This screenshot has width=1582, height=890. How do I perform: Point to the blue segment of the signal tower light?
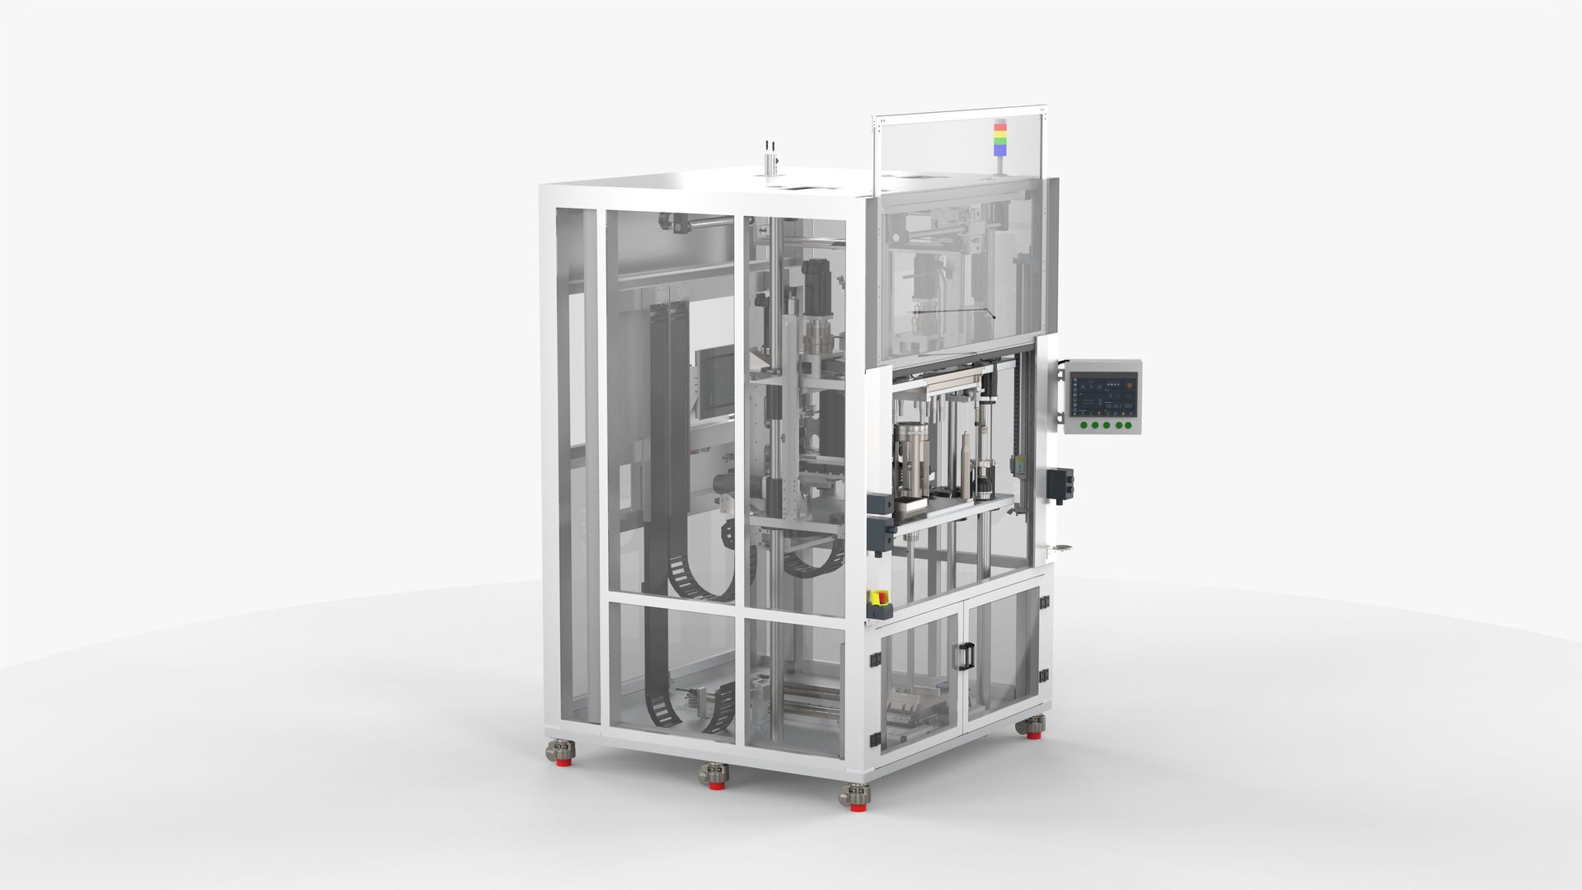[999, 150]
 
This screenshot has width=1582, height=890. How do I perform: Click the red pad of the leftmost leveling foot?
[561, 760]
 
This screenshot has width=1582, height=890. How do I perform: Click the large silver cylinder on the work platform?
[913, 466]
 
